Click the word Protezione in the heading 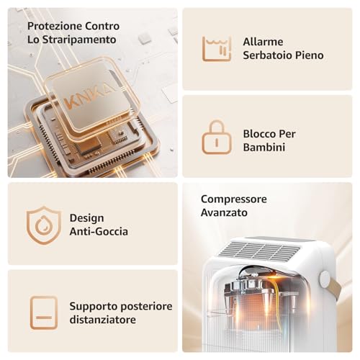(55, 26)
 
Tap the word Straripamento (79, 40)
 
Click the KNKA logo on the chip (89, 96)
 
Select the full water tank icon (217, 49)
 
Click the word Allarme (263, 42)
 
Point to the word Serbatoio (267, 55)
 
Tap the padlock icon (217, 137)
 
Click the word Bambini (264, 147)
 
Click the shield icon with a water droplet (43, 225)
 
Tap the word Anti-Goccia (99, 232)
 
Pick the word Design (87, 218)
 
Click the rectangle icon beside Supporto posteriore (44, 312)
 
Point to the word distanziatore (103, 320)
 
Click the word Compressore (234, 199)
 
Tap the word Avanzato (224, 212)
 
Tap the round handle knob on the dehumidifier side (325, 279)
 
